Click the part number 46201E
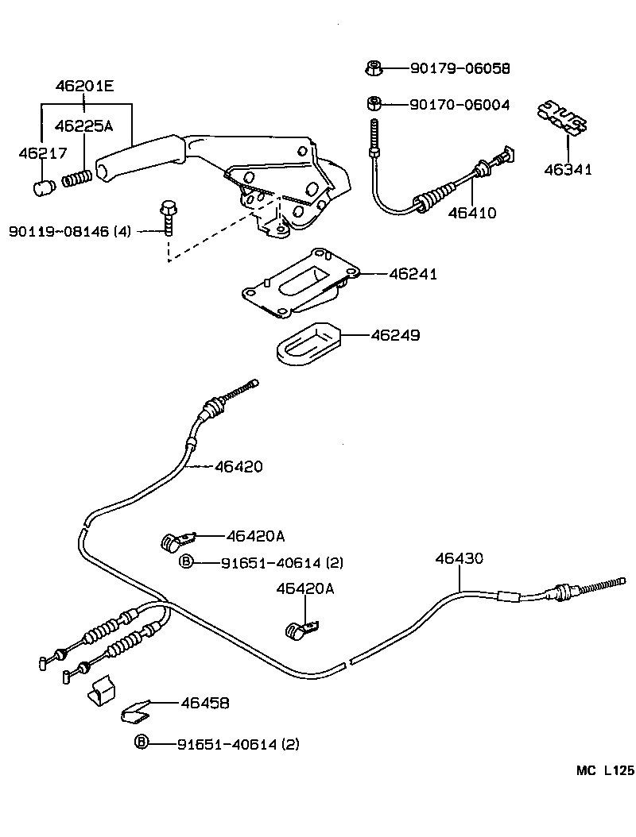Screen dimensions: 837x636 (x=84, y=86)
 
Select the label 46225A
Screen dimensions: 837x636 (x=83, y=125)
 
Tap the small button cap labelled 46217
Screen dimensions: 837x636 (x=45, y=188)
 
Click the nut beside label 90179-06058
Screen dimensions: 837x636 (x=373, y=68)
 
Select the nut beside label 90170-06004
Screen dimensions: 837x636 (x=373, y=103)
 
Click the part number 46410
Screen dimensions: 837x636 (x=471, y=213)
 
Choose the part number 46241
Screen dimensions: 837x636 (x=413, y=274)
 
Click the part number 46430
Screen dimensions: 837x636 (x=459, y=559)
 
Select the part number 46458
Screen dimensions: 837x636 (x=204, y=703)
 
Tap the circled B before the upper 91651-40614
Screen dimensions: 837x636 (x=185, y=562)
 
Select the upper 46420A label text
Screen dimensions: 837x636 (x=256, y=536)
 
